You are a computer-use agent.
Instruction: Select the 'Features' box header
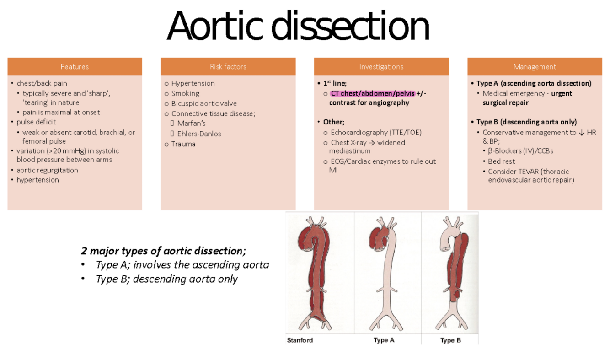[x=75, y=67]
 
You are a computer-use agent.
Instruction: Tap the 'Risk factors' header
[x=228, y=67]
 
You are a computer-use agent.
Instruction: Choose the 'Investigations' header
[x=381, y=67]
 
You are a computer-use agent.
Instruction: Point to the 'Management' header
[x=534, y=67]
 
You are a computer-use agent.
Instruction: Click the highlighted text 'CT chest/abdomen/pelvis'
[x=372, y=93]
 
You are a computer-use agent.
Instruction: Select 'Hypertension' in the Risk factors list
[x=193, y=83]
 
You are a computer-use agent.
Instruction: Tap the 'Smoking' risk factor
[x=185, y=93]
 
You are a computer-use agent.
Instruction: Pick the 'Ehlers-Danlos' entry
[x=199, y=134]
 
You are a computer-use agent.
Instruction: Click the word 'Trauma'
[x=183, y=144]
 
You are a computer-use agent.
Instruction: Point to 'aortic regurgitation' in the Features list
[x=48, y=170]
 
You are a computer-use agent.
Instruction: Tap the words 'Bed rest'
[x=501, y=161]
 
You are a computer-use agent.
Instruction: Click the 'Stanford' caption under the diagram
[x=300, y=340]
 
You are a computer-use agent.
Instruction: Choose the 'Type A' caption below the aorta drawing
[x=384, y=340]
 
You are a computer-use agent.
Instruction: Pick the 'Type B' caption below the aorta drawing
[x=450, y=340]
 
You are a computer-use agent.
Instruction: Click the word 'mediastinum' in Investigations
[x=349, y=151]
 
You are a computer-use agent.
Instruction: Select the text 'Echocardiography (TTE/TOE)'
[x=376, y=133]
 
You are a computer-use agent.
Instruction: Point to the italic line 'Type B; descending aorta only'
[x=167, y=279]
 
